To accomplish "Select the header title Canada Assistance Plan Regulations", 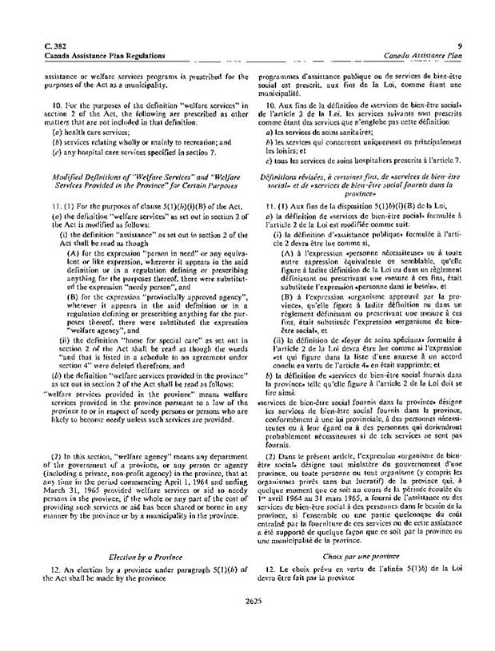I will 94,57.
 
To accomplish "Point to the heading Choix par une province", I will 362,575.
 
